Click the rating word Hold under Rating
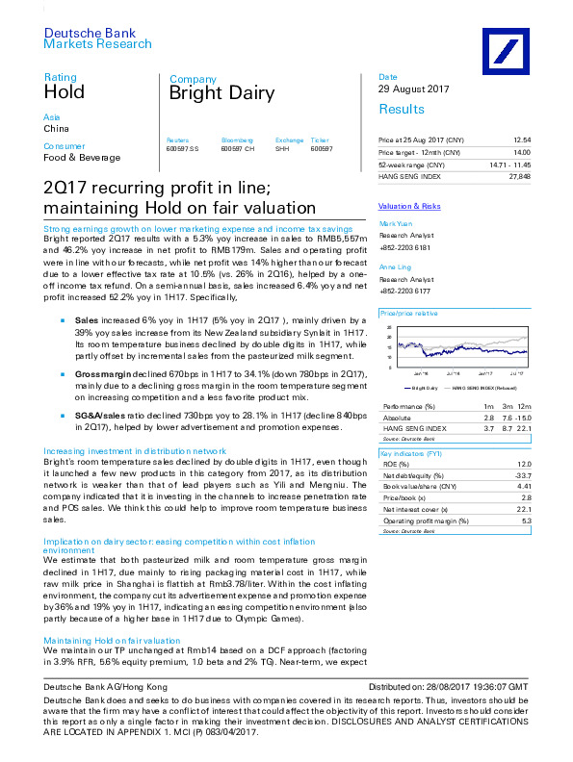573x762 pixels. (x=64, y=93)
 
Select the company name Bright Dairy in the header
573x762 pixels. (x=221, y=94)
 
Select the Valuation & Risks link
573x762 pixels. (x=409, y=206)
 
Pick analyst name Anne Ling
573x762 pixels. (x=394, y=267)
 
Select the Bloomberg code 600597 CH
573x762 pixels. (x=237, y=148)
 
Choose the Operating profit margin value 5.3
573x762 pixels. (x=526, y=521)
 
